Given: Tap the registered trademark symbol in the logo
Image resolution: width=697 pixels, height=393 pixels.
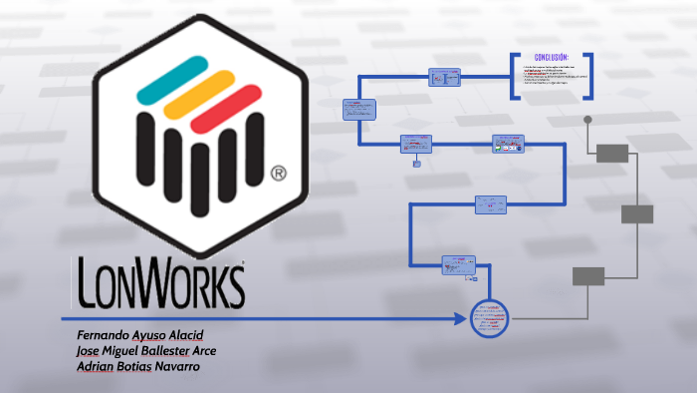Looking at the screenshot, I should pos(279,174).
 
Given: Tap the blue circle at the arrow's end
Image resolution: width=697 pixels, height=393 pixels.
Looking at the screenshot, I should pos(488,319).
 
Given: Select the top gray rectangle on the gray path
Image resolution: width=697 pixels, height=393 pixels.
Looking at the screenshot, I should pos(612,153).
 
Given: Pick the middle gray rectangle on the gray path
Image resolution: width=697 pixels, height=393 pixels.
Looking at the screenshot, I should pos(637,213).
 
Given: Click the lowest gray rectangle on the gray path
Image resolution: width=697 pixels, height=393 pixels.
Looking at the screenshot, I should pos(587,276).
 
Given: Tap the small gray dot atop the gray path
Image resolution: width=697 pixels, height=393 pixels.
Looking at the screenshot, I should pos(588,120).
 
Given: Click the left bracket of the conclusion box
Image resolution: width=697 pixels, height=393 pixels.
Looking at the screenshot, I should pos(514,75).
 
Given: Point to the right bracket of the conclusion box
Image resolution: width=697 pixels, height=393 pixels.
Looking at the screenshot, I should pos(593,75).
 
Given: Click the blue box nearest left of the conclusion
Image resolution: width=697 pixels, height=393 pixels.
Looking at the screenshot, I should pos(444,77).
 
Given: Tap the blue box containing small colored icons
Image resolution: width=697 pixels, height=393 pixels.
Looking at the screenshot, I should pos(508,145).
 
